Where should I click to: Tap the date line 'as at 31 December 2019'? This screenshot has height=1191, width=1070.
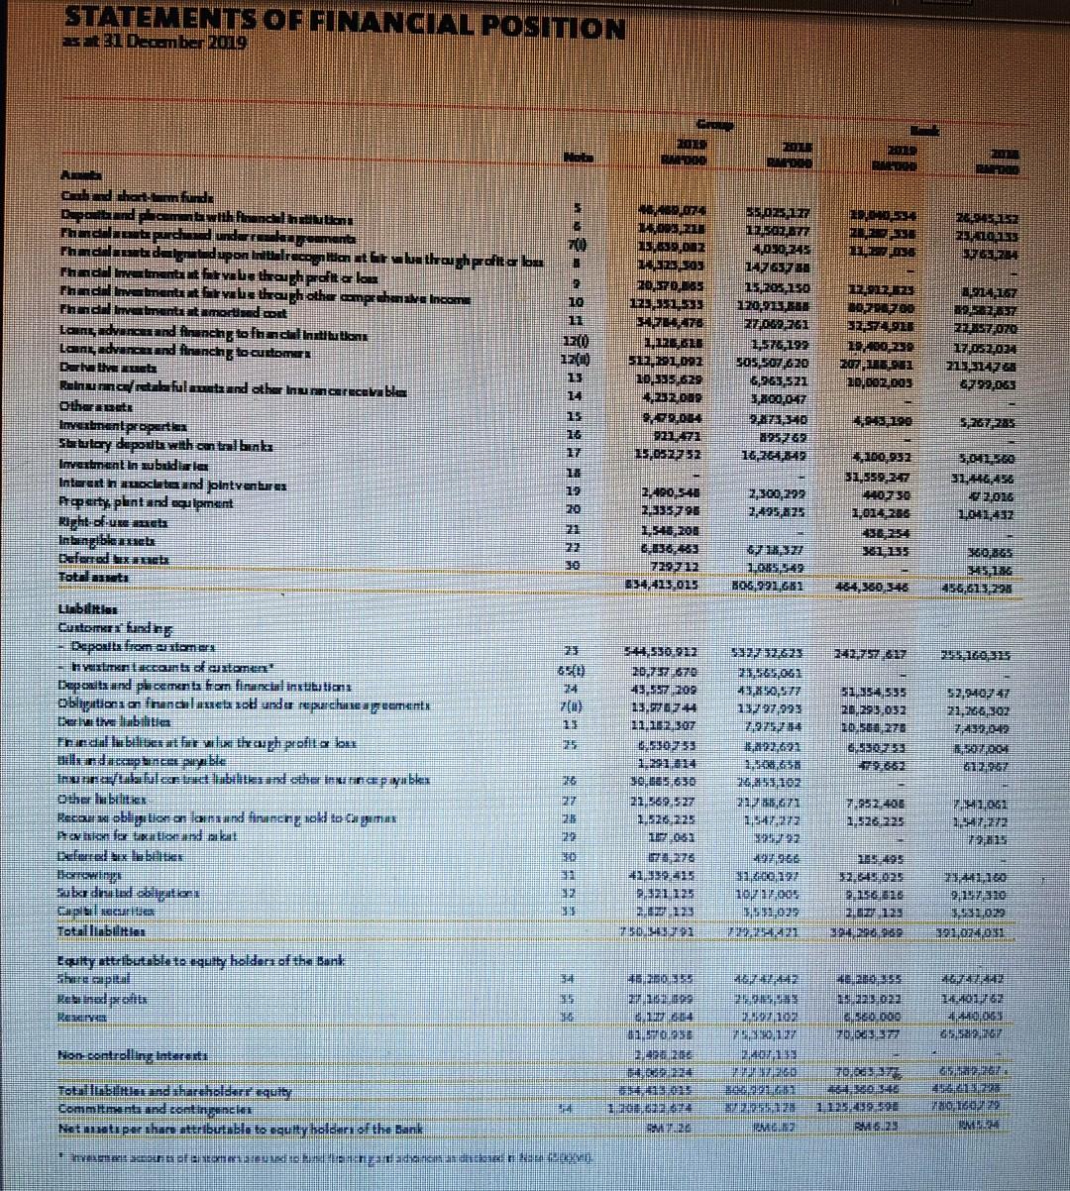click(156, 44)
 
